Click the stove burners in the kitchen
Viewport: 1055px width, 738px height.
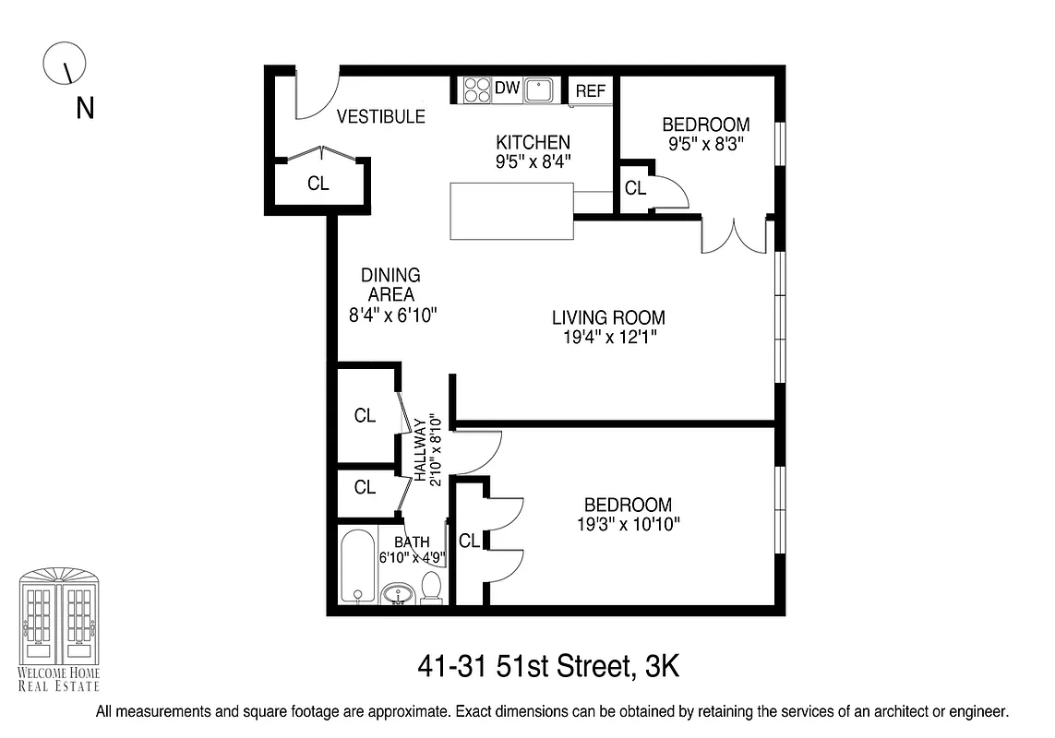478,89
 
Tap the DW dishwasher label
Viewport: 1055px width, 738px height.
508,89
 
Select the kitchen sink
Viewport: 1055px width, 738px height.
539,89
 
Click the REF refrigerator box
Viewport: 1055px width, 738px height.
591,90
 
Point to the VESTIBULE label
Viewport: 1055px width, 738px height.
380,117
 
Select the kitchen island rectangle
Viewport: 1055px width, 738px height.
511,211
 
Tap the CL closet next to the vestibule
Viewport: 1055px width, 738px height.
318,184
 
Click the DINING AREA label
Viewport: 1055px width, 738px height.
390,285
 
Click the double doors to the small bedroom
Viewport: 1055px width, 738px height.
735,235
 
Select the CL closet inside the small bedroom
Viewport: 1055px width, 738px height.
635,188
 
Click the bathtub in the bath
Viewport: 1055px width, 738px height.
355,565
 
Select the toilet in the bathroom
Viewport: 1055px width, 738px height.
431,588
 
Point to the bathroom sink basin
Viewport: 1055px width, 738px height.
399,591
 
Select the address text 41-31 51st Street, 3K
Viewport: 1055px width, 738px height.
548,666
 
